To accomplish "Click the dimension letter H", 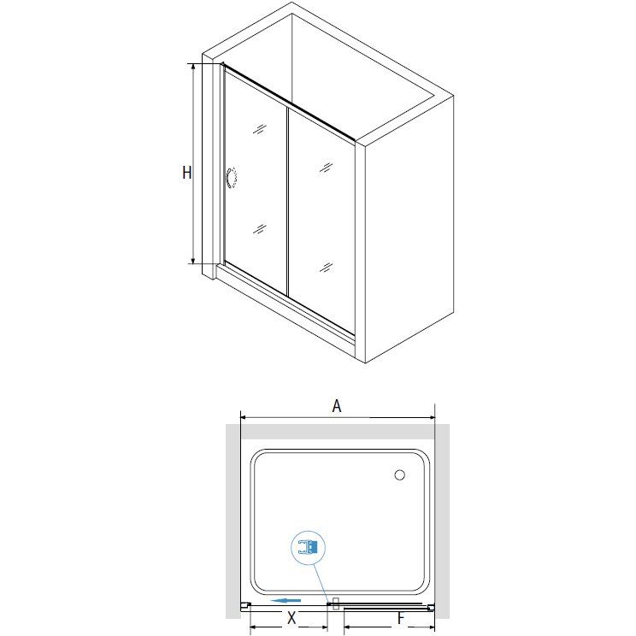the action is click(x=186, y=173).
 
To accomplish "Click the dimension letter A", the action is click(x=337, y=405).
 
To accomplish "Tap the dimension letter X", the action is click(x=291, y=618).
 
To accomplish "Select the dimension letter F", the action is click(x=401, y=618).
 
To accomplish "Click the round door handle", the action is click(x=232, y=179).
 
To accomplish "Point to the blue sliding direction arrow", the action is click(x=286, y=600).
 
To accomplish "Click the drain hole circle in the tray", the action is click(x=399, y=475).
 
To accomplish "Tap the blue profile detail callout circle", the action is click(x=309, y=548).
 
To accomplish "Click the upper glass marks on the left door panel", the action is click(x=260, y=129).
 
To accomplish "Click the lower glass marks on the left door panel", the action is click(x=260, y=229).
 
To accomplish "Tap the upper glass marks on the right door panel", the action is click(x=326, y=167).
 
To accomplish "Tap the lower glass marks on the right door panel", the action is click(x=326, y=267).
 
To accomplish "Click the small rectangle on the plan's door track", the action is click(x=335, y=604).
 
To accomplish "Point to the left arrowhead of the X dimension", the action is click(x=253, y=627).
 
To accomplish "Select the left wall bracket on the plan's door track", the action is click(x=245, y=606).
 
